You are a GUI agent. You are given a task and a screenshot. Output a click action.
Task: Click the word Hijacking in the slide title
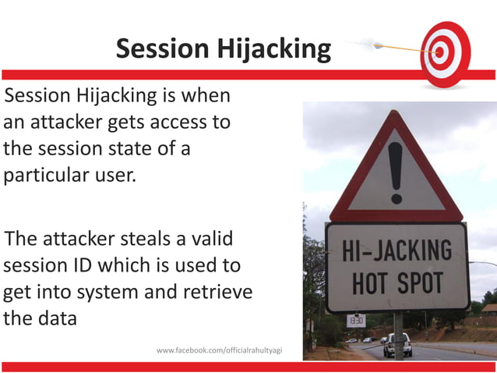(278, 49)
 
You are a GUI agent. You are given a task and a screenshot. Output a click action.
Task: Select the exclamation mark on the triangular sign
(396, 171)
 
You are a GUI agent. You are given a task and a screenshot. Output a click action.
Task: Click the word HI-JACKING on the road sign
(397, 251)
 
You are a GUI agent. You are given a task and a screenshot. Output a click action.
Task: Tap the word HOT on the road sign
(369, 282)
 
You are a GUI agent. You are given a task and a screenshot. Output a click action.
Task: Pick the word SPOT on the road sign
(421, 282)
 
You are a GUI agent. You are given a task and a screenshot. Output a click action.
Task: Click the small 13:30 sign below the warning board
(355, 320)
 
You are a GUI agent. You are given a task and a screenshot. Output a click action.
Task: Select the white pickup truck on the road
(397, 344)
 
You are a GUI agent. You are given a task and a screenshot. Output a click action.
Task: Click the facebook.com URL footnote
(219, 350)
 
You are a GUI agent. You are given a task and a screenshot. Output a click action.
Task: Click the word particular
(47, 173)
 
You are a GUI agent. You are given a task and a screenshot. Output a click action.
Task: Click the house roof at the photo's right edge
(488, 308)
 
